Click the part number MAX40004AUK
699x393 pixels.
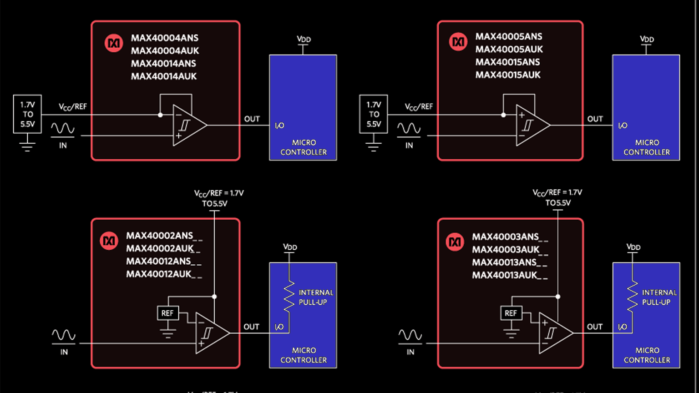(x=165, y=50)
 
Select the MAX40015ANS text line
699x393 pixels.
(x=507, y=62)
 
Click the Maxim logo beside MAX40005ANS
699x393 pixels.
(x=458, y=42)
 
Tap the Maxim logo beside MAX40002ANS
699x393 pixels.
(x=109, y=241)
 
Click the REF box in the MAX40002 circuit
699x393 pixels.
(x=167, y=313)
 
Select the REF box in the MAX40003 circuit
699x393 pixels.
(x=511, y=313)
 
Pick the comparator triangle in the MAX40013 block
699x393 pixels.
(x=554, y=333)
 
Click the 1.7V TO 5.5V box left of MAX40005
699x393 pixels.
(x=374, y=114)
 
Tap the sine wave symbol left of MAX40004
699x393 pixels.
(x=62, y=129)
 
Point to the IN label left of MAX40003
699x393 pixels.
(x=410, y=352)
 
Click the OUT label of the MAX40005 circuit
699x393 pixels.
(x=595, y=119)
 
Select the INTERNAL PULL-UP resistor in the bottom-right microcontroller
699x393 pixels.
(x=632, y=297)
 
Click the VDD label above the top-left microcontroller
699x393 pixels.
(x=304, y=40)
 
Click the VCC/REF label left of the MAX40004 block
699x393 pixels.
(x=72, y=107)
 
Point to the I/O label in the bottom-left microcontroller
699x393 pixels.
(x=279, y=327)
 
